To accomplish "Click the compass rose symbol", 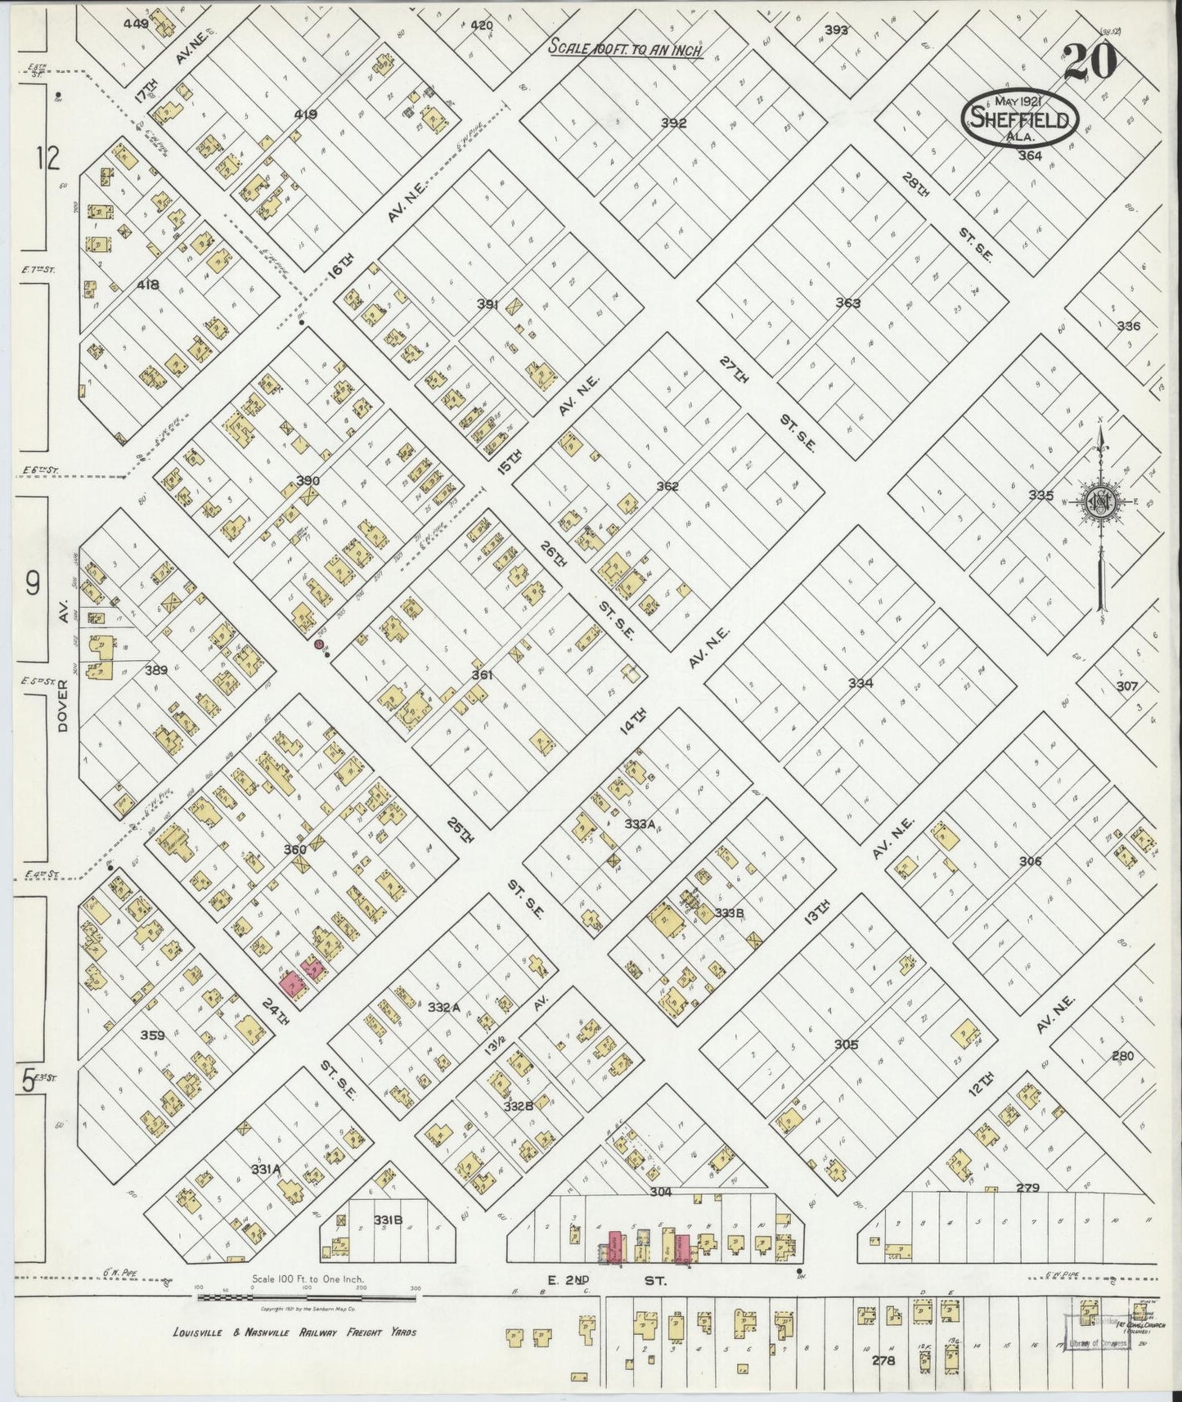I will pos(1100,502).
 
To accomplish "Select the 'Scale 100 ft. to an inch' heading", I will pos(626,47).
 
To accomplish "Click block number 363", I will pos(847,303).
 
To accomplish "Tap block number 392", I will pos(673,124).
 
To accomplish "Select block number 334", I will pos(860,683).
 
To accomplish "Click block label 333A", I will pos(640,824).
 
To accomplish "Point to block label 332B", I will pos(518,1106).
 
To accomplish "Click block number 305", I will pos(846,1045).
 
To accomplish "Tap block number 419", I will pos(305,115).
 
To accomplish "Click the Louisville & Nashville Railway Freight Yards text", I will pos(294,1332).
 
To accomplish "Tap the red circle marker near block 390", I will pos(317,645).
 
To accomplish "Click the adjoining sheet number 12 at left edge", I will pos(48,157).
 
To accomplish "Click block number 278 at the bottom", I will pos(883,1360).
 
